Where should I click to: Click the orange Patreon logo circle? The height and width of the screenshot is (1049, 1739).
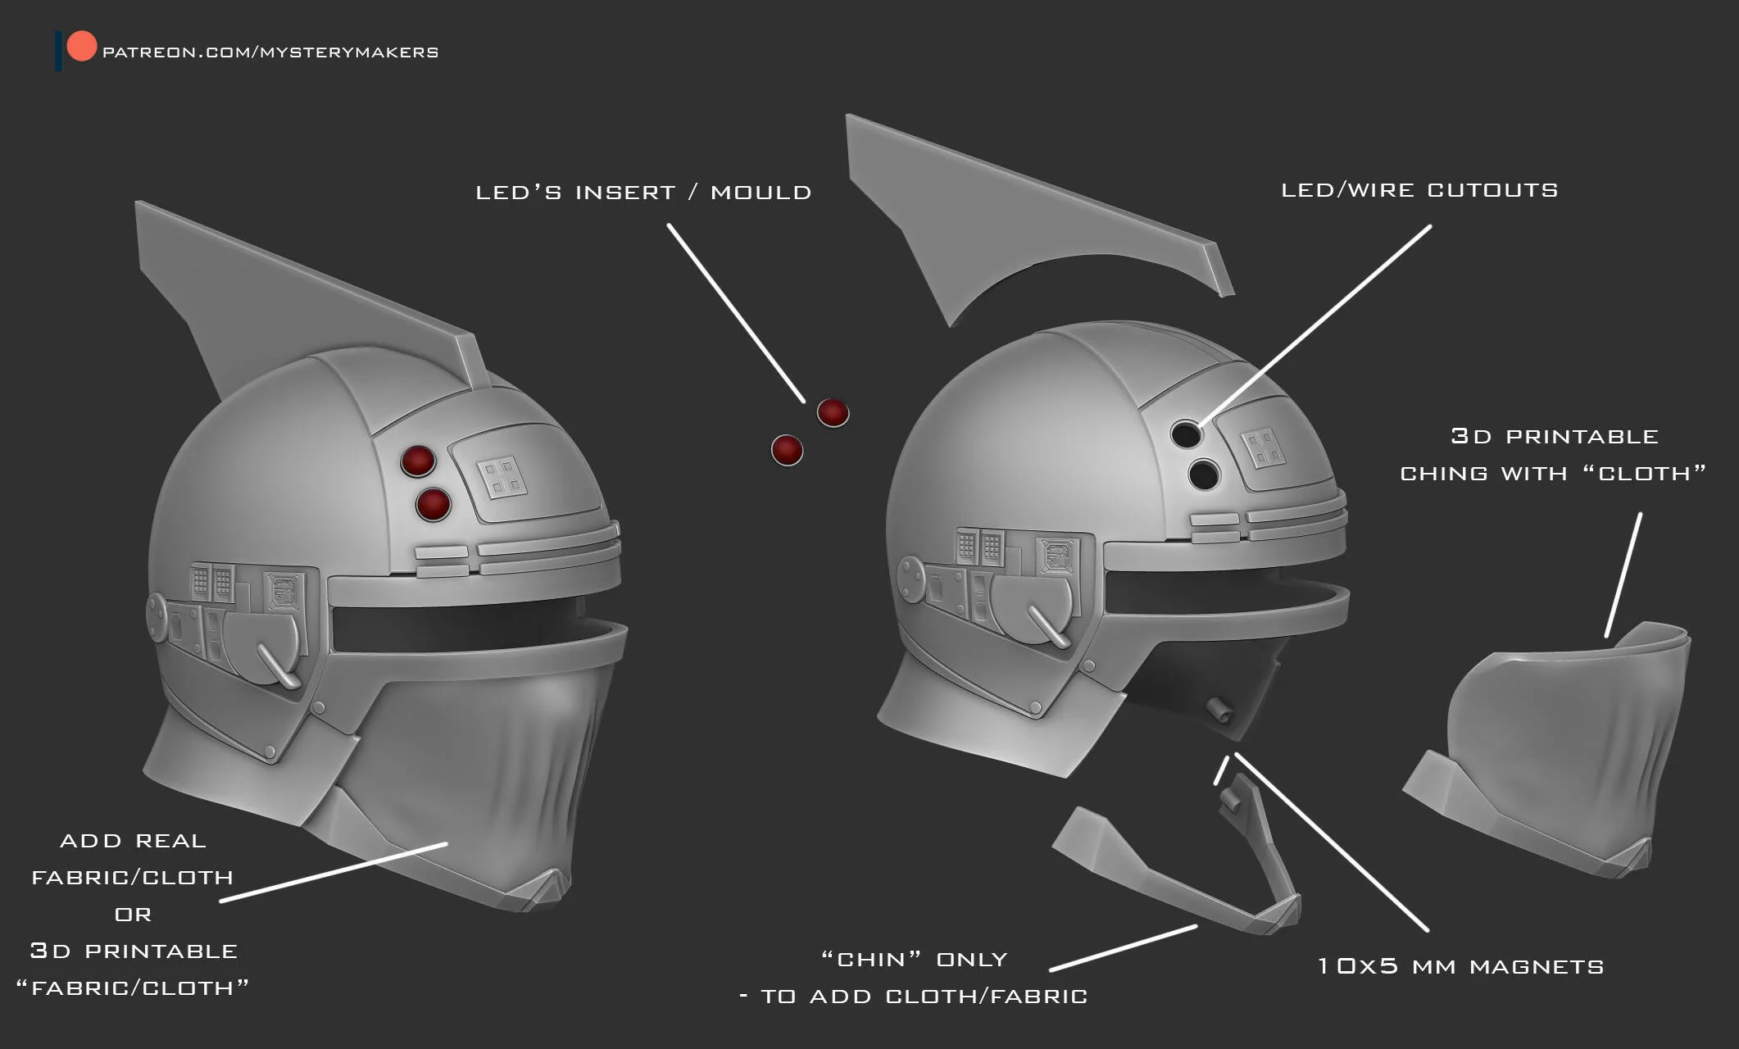(81, 46)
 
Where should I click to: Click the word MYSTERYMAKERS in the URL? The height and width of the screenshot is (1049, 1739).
(349, 52)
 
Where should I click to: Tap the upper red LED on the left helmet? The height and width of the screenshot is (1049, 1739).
(418, 461)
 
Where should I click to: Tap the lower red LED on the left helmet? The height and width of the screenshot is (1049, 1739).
(434, 504)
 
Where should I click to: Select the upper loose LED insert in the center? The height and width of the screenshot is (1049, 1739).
(833, 413)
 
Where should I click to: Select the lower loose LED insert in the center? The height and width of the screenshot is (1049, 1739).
(787, 450)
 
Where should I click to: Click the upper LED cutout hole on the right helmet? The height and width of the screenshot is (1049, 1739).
(1186, 434)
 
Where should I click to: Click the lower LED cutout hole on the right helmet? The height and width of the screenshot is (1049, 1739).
(1204, 474)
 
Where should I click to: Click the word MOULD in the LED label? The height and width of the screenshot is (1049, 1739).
(761, 193)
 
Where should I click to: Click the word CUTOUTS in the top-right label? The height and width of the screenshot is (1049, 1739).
(1492, 190)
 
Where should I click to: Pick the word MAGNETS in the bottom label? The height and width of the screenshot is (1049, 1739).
(1537, 967)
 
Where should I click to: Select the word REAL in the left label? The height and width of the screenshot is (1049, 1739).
(170, 841)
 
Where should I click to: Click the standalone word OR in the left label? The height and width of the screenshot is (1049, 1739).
(133, 915)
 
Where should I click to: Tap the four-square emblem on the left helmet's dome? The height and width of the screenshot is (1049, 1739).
(502, 477)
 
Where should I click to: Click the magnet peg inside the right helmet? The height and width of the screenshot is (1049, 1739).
(1219, 711)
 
